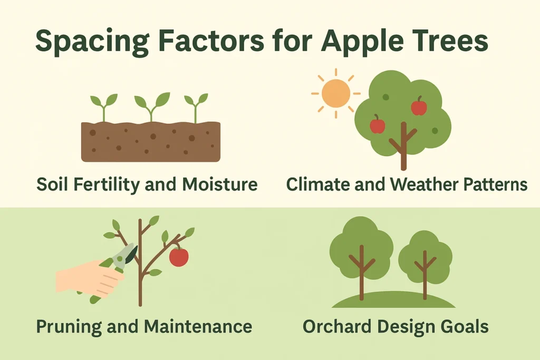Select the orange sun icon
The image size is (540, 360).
click(x=336, y=94)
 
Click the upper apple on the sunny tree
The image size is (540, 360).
click(x=419, y=106)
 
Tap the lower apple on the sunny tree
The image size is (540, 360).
click(x=378, y=125)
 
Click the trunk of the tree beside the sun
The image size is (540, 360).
click(x=403, y=150)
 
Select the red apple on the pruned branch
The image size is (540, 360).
click(x=179, y=257)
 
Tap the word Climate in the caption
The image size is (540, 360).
click(x=315, y=184)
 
